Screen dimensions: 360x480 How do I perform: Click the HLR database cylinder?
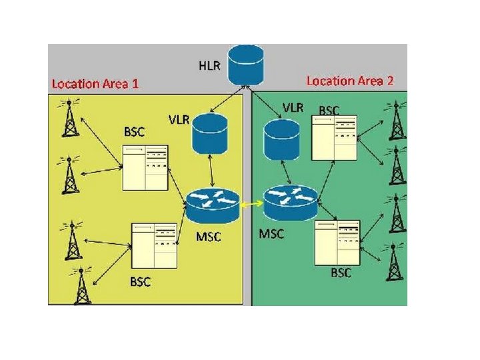tap(244, 64)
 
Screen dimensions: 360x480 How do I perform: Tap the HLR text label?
tap(207, 66)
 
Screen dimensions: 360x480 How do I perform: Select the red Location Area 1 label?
tap(95, 84)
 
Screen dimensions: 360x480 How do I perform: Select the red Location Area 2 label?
tap(349, 81)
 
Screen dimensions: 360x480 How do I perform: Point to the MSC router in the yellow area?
tap(213, 205)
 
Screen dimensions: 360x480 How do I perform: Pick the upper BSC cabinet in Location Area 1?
tap(145, 167)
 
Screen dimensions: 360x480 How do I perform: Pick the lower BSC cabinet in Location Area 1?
tap(156, 246)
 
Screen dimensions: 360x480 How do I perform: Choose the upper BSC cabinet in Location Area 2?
tap(336, 138)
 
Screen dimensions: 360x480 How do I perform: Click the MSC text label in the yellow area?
tap(209, 237)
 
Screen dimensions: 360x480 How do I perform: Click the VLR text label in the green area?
tap(293, 107)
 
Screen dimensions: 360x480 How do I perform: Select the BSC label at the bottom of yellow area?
tap(140, 281)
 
